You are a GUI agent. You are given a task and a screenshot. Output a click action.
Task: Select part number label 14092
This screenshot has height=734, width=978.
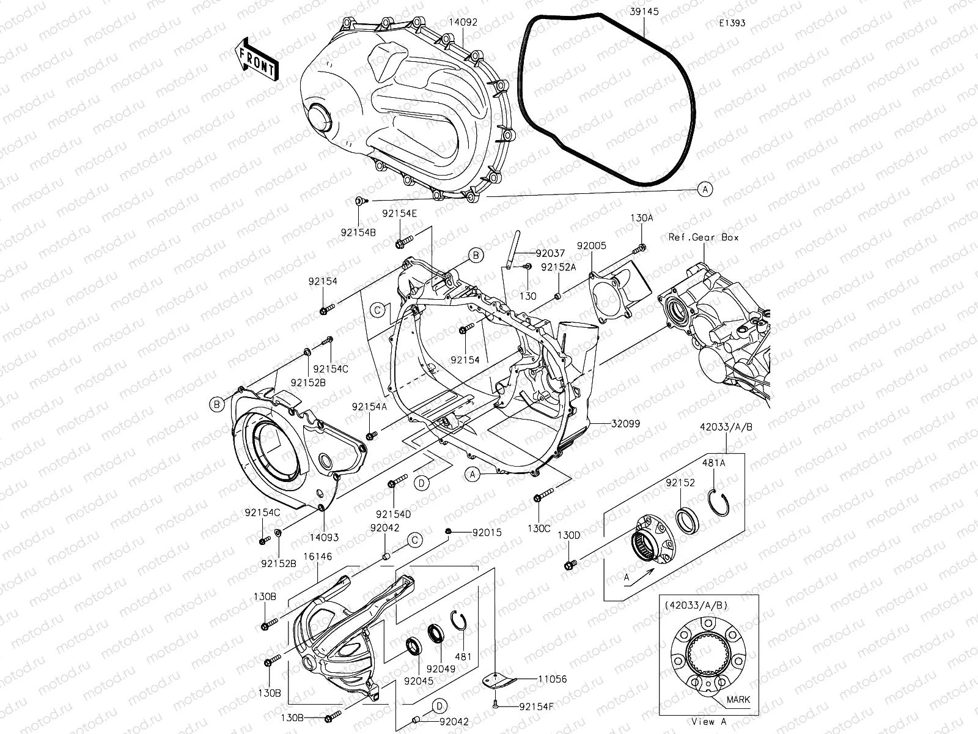[463, 23]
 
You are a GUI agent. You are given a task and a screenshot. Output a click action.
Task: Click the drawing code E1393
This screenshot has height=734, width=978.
[732, 23]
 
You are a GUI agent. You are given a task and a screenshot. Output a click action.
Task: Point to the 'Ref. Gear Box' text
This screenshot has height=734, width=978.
[704, 237]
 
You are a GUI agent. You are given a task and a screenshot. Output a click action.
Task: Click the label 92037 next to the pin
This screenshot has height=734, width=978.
[550, 253]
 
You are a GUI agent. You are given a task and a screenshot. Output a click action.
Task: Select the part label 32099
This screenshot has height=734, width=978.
[624, 423]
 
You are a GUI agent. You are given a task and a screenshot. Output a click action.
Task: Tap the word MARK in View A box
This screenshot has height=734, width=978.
[739, 700]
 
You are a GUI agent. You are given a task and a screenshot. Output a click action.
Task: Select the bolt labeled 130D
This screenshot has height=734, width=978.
[570, 563]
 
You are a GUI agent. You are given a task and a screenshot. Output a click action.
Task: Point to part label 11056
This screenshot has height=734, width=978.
[552, 679]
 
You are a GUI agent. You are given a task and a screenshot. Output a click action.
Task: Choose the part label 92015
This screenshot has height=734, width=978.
[487, 533]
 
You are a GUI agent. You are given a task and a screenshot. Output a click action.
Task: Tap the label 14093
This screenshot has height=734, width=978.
[323, 538]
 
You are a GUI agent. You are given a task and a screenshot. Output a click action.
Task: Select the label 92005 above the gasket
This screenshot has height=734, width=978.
[591, 246]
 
